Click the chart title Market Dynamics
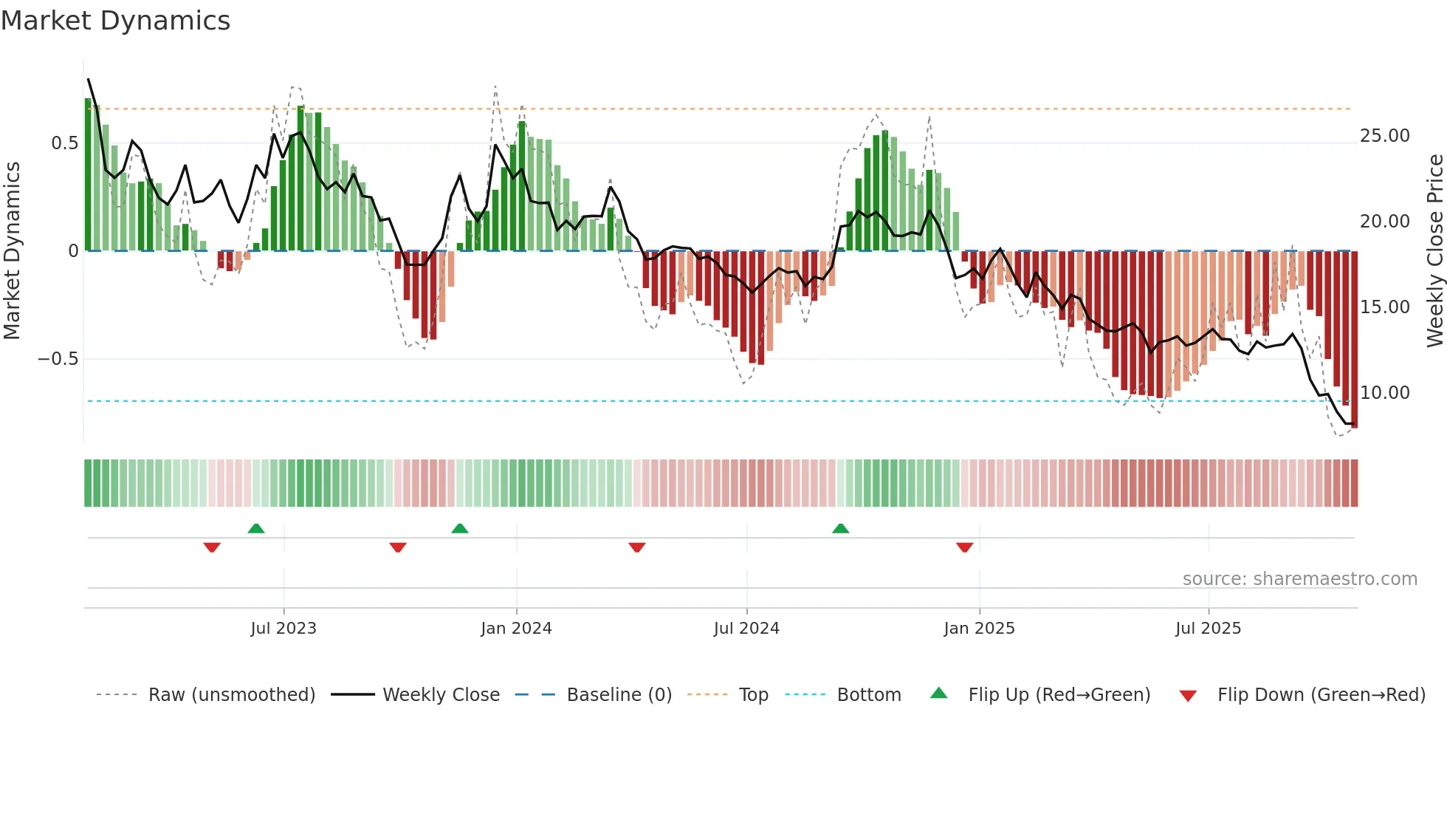[115, 21]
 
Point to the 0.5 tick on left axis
[64, 143]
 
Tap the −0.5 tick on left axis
[58, 359]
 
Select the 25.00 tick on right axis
[1384, 136]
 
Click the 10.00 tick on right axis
[1384, 393]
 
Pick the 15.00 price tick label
[1384, 307]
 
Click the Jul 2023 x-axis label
[283, 629]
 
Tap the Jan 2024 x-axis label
[516, 629]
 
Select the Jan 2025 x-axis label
[979, 629]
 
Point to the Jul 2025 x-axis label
[1208, 629]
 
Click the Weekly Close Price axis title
[1434, 251]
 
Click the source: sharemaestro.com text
[1299, 579]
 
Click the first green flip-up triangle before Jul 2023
[256, 529]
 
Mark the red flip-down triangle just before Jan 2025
[964, 547]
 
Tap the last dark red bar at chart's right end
[1355, 340]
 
